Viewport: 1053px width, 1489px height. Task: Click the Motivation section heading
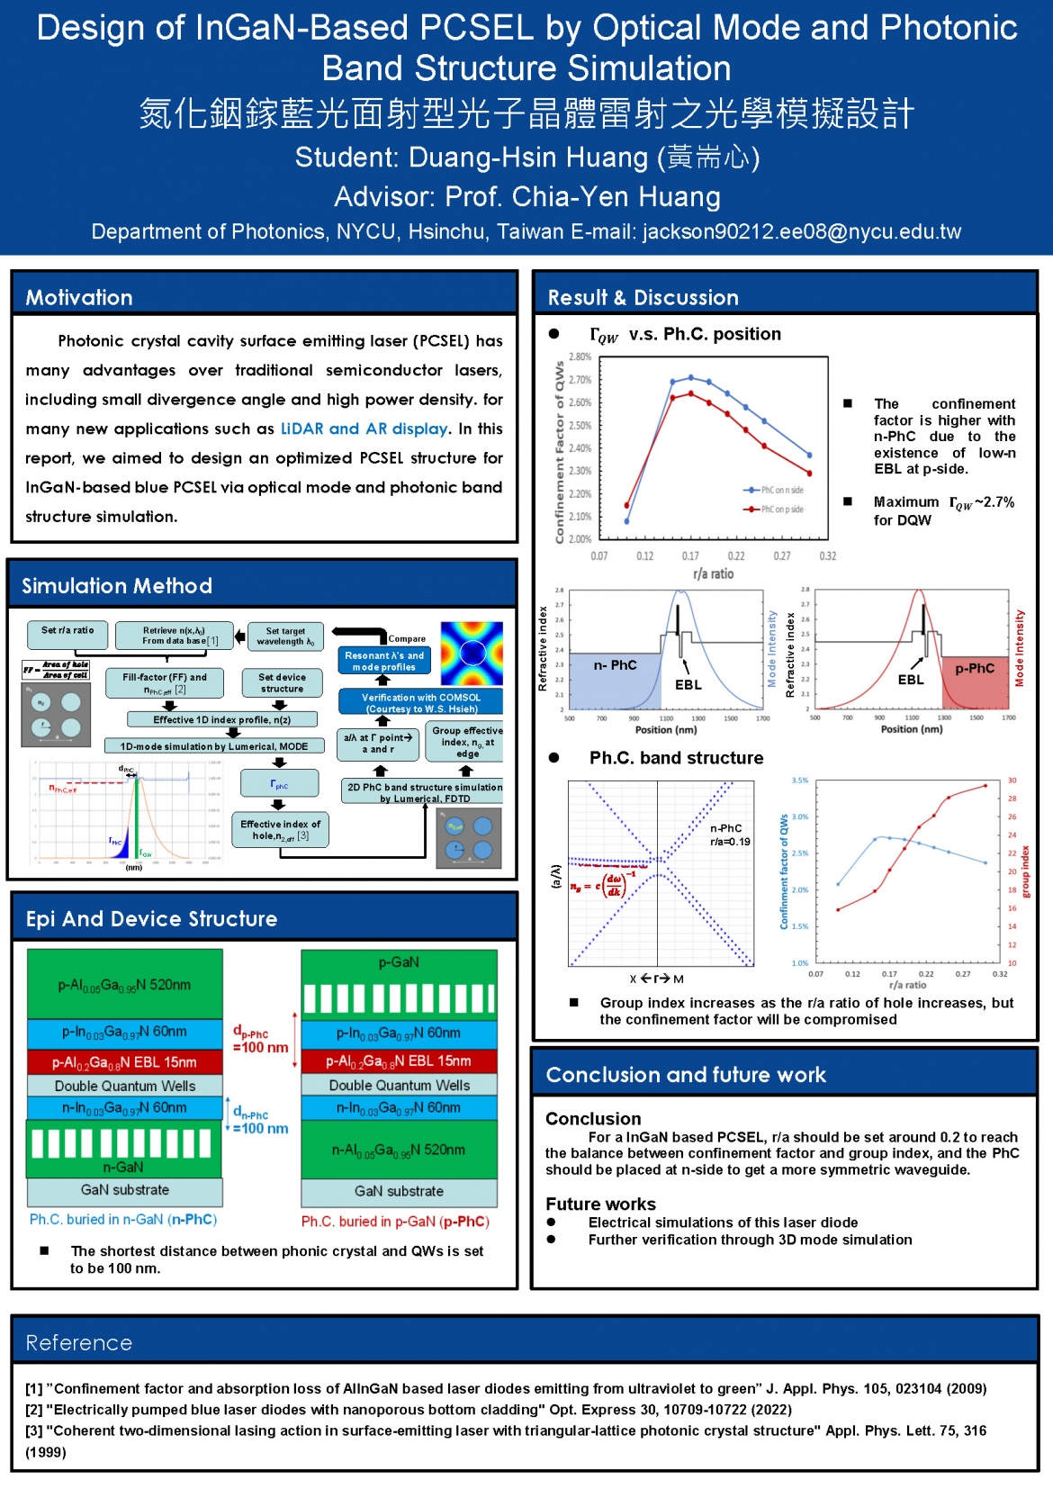(79, 298)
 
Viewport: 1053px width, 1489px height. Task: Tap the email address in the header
(802, 232)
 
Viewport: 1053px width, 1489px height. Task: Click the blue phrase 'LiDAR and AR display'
(364, 429)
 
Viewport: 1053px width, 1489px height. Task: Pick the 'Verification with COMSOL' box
(420, 702)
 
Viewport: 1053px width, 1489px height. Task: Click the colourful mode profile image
(471, 654)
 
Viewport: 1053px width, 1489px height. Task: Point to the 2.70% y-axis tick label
(580, 380)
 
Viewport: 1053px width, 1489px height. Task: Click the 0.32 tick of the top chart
(828, 556)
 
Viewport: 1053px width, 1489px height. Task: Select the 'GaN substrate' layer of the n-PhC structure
(125, 1190)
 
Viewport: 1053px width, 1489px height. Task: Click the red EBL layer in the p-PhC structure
(399, 1061)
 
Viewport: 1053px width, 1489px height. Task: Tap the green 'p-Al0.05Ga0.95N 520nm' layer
(125, 985)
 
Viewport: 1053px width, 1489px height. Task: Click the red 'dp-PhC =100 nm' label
(260, 1040)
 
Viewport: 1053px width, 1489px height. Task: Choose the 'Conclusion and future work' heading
(686, 1075)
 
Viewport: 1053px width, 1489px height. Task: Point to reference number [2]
(33, 1410)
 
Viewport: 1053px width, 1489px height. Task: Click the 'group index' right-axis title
(1026, 872)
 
